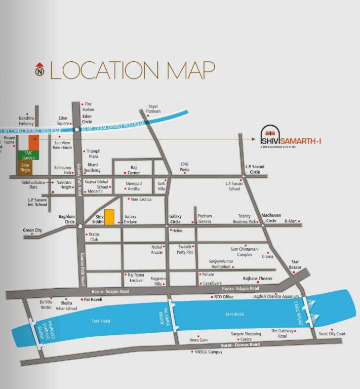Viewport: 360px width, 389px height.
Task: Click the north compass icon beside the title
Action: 39,70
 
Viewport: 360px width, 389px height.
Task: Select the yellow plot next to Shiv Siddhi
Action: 109,216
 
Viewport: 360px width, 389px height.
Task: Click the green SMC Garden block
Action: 25,155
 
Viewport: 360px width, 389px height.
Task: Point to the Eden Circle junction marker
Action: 76,130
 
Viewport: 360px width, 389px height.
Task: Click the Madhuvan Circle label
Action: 271,218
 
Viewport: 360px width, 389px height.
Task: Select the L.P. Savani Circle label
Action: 255,169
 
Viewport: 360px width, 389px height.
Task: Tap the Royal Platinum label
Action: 153,108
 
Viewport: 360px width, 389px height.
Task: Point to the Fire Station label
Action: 88,106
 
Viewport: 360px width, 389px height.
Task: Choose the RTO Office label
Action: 224,297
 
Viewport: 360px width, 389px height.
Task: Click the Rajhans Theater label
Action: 258,279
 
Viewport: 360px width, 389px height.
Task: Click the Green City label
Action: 32,230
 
